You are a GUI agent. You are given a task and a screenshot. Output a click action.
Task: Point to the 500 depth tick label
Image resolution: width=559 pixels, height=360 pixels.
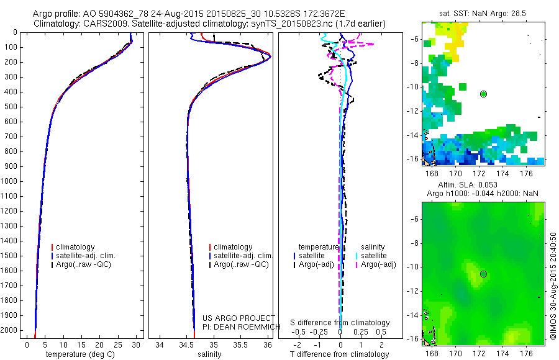[13, 107]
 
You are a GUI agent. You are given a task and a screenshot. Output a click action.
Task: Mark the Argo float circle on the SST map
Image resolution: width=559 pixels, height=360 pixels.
[484, 94]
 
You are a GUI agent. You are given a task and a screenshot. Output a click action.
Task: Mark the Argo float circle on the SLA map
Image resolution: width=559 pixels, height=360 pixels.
[484, 274]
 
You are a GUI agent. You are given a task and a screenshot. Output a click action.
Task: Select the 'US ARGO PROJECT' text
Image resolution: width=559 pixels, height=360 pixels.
[239, 318]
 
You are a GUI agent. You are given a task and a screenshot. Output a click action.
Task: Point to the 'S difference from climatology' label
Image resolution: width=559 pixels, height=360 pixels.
[340, 323]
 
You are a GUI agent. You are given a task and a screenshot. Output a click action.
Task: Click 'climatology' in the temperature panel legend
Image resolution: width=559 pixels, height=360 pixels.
[75, 247]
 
